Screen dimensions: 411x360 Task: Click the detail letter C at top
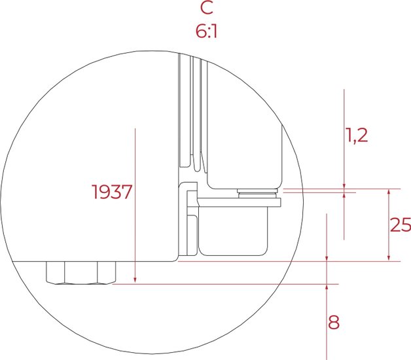(207, 8)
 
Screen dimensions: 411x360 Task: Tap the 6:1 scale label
(206, 31)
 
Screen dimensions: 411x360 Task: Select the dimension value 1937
(112, 192)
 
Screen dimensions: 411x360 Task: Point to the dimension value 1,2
(357, 135)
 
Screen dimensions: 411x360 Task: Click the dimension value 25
(401, 225)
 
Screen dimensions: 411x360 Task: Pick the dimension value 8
(334, 322)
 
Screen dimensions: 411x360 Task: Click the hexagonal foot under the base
(81, 273)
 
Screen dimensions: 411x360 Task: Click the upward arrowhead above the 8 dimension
(327, 287)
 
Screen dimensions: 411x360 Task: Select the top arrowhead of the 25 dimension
(389, 192)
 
